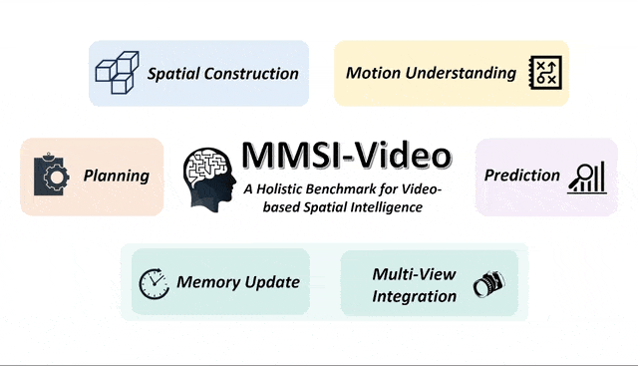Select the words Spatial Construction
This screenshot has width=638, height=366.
pos(223,74)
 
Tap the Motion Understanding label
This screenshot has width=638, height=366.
pos(431,73)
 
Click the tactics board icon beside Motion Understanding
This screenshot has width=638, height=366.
pos(545,73)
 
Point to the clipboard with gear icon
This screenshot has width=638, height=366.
pos(49,176)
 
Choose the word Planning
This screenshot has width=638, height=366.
pos(116,177)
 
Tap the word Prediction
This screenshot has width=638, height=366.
pos(522,176)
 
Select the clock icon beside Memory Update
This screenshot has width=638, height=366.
pos(155,282)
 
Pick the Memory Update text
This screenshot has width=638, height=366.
pos(238,282)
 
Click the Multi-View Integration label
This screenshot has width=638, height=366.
pos(415,284)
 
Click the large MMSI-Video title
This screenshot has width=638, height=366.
pos(345,156)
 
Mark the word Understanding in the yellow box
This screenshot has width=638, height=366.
pos(467,73)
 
